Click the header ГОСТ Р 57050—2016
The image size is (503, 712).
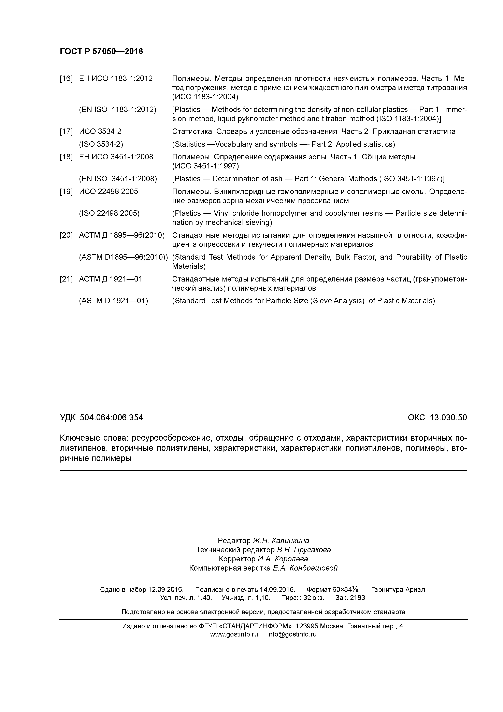(x=101, y=52)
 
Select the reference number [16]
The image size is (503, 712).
(x=66, y=79)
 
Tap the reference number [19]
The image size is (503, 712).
(x=66, y=192)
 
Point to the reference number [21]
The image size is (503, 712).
(x=66, y=279)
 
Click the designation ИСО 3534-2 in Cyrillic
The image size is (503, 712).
(x=100, y=132)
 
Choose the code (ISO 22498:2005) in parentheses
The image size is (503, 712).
(x=109, y=213)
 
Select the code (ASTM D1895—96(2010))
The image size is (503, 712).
(x=123, y=257)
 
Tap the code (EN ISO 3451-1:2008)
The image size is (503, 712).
(x=118, y=179)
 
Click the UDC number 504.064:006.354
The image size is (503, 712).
(x=111, y=418)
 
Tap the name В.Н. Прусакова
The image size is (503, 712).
(x=304, y=550)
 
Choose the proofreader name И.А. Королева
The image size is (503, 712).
(x=283, y=559)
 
